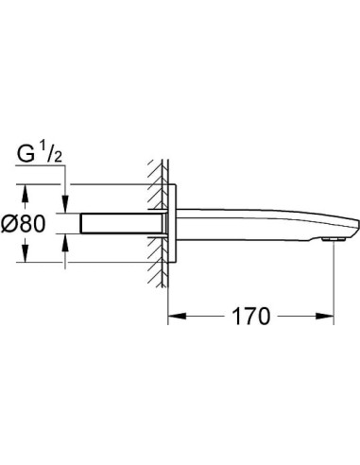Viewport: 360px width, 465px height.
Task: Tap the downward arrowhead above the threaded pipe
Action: pos(66,205)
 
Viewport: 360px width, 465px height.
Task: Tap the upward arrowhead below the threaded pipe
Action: pos(66,244)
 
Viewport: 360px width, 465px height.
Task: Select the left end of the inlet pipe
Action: pos(82,225)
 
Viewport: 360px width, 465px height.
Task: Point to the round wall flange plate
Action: pos(171,225)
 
